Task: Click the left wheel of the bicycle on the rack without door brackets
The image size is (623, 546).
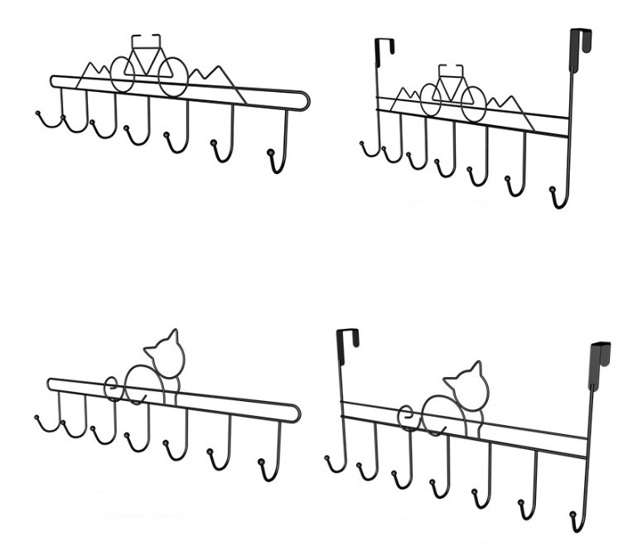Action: click(122, 74)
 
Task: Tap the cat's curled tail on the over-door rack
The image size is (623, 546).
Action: click(406, 414)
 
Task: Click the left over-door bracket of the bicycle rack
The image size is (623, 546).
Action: click(383, 51)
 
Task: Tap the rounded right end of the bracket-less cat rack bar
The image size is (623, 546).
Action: click(294, 410)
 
